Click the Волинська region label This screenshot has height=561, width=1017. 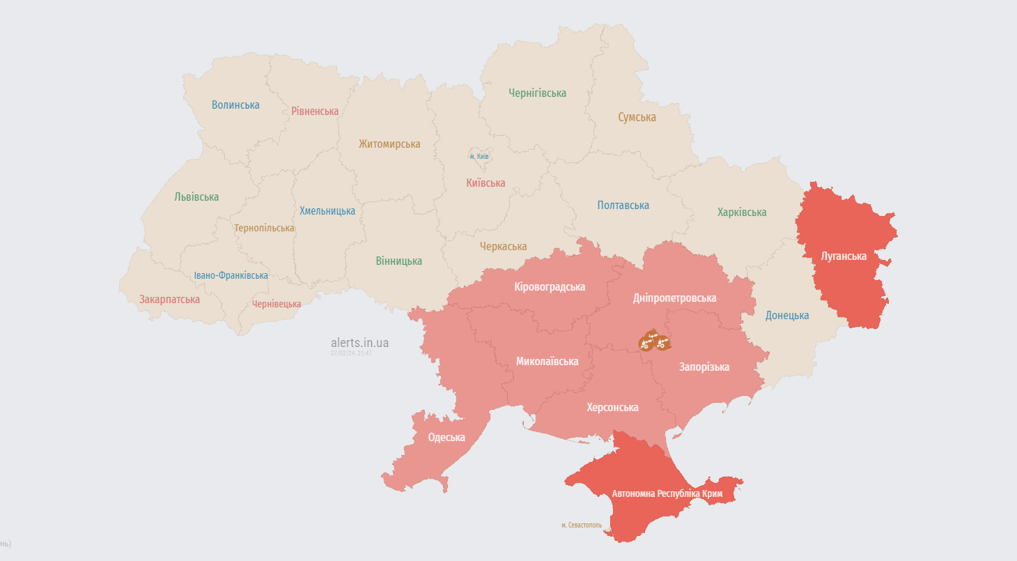[x=235, y=105]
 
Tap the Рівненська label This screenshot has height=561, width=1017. [x=315, y=112]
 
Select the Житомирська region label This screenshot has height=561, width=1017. [x=389, y=144]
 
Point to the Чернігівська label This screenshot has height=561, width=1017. [x=537, y=93]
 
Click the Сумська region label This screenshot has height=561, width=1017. [x=637, y=118]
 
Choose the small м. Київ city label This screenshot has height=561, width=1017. [x=479, y=156]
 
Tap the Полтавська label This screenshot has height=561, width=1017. [x=623, y=206]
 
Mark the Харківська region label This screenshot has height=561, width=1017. [x=742, y=213]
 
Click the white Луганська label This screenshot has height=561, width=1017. [x=844, y=256]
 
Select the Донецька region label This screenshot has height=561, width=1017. [x=787, y=316]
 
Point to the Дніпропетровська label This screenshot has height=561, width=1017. [x=674, y=298]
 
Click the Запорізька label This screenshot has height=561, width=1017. [x=704, y=367]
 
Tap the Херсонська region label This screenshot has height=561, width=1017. [x=612, y=408]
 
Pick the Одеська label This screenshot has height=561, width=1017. [x=447, y=438]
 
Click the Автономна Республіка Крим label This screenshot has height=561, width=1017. [x=667, y=494]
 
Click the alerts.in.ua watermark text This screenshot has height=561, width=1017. [x=359, y=343]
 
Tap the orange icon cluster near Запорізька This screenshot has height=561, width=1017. [x=655, y=341]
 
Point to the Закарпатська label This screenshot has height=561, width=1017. [x=169, y=300]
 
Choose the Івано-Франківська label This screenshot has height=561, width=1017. [x=231, y=276]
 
